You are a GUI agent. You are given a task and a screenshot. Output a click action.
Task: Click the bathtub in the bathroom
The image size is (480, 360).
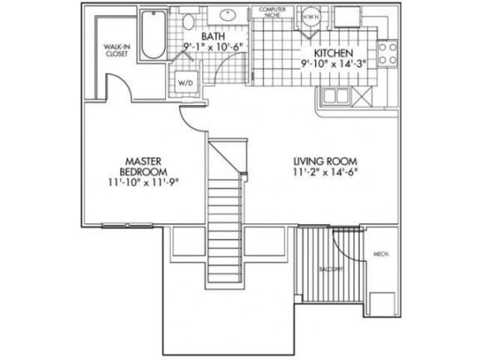[153, 35]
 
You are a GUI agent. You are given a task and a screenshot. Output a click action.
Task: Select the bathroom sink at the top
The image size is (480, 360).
[228, 16]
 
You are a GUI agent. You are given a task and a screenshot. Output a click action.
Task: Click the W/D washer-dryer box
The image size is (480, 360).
[183, 82]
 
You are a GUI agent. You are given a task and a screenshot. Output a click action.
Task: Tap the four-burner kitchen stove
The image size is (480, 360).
[387, 53]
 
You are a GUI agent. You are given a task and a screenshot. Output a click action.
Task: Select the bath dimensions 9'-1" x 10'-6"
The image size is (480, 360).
[210, 49]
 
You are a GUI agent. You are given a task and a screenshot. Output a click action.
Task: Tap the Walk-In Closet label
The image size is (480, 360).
[115, 51]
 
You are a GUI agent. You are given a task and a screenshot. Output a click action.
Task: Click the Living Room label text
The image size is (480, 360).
[324, 161]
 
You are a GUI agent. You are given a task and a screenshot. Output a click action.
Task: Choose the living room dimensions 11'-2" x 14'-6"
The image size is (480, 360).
[324, 172]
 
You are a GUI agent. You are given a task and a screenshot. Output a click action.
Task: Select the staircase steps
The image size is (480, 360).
[225, 212]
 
